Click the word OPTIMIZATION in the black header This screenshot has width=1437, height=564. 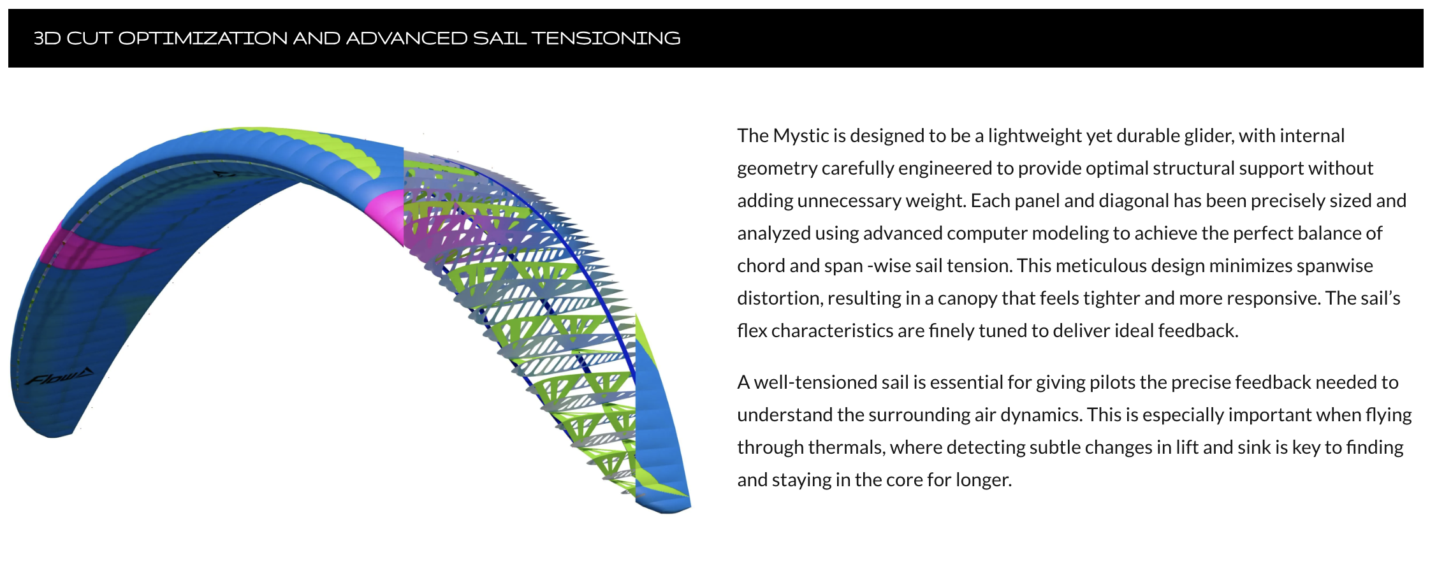click(x=203, y=38)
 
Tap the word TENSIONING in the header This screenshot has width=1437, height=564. click(x=606, y=38)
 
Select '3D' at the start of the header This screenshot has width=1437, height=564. click(x=47, y=38)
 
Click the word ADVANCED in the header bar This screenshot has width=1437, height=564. click(x=407, y=38)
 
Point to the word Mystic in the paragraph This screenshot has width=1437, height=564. click(x=801, y=136)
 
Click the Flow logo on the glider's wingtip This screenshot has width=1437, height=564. click(x=59, y=377)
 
